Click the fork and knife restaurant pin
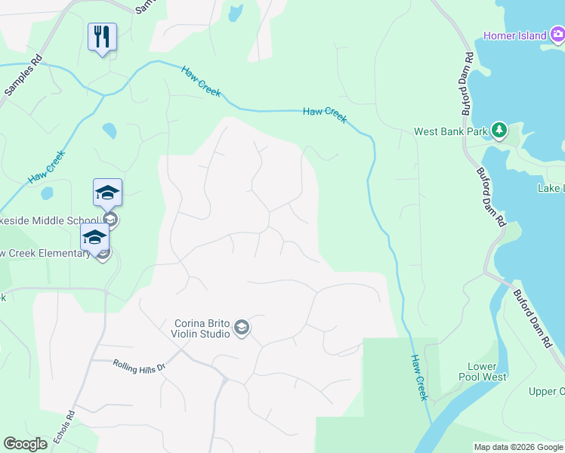(x=103, y=36)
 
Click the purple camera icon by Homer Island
(x=557, y=33)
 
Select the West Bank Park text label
(x=451, y=131)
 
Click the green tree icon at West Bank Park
(x=499, y=131)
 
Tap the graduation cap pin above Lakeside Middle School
(x=107, y=194)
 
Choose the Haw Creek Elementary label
(x=45, y=254)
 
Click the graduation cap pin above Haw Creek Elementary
(x=95, y=237)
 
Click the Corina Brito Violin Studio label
(x=201, y=327)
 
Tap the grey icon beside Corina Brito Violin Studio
(x=242, y=327)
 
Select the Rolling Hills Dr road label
(x=138, y=367)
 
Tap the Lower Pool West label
(x=483, y=371)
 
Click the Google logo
(x=25, y=444)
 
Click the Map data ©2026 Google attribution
(x=518, y=447)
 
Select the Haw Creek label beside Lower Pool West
(x=419, y=377)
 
